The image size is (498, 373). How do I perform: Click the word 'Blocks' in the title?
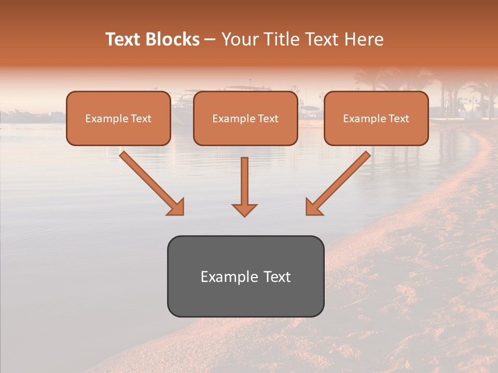[173, 39]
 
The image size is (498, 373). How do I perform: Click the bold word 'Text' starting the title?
[124, 39]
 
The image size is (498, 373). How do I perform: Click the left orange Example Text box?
[118, 118]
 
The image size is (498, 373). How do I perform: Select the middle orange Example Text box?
[245, 118]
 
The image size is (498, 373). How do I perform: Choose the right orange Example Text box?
[376, 118]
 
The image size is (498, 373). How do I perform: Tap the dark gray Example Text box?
[245, 276]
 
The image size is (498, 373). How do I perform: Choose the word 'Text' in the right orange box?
[399, 119]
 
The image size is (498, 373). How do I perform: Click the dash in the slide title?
[211, 40]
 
